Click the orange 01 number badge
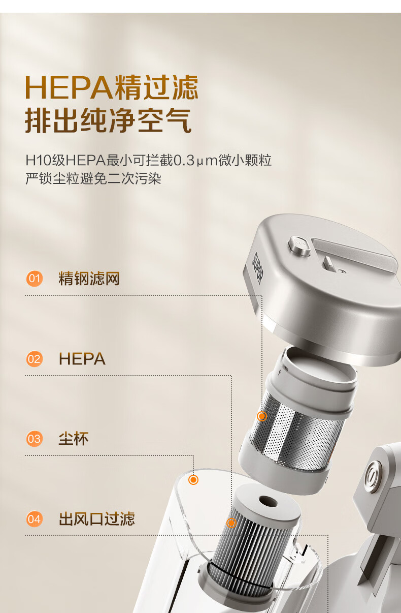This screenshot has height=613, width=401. tap(35, 279)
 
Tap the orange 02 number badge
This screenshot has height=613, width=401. tap(35, 359)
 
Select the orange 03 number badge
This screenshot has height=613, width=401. tap(35, 439)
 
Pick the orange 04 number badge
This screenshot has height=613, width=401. tap(35, 519)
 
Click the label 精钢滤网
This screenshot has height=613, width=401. tap(89, 279)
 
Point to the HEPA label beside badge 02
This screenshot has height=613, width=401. tap(82, 359)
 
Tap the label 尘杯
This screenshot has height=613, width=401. tap(74, 439)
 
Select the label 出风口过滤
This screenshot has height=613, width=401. tap(97, 519)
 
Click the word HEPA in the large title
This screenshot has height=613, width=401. tap(69, 87)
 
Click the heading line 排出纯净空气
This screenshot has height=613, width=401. tap(108, 120)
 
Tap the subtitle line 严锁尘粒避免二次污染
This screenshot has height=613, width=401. tap(93, 179)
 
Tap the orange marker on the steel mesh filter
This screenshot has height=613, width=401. tap(262, 416)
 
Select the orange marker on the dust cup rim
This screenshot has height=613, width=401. tap(193, 480)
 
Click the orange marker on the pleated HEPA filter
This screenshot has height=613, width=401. tap(231, 523)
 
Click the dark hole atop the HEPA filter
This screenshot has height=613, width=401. tap(268, 502)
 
